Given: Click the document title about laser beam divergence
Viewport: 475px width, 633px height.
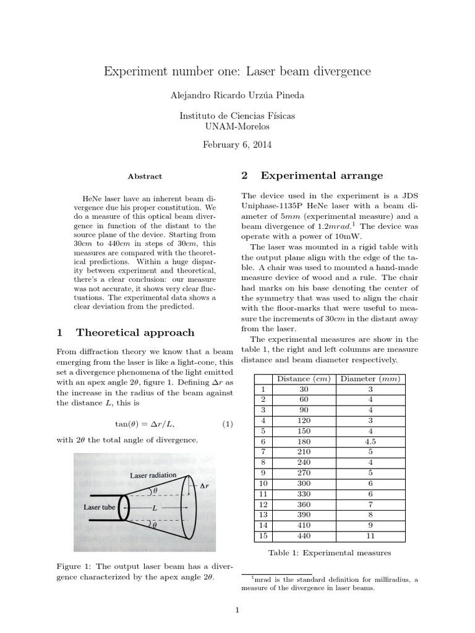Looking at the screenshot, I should [237, 72].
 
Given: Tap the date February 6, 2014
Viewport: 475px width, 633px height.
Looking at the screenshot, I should [237, 145].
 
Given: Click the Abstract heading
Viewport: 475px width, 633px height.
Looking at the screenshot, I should [145, 176].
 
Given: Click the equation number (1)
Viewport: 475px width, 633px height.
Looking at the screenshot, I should [227, 424].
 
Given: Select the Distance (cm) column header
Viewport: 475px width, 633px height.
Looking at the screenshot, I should [303, 379].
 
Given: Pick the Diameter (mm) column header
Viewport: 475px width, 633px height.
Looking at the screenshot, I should [370, 379].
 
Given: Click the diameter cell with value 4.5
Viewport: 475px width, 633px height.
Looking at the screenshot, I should [370, 441].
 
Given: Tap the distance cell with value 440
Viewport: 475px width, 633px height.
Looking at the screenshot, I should [303, 536].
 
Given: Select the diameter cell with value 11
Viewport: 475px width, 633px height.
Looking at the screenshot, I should [370, 536].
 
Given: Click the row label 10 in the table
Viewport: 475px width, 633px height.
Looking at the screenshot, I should [263, 483].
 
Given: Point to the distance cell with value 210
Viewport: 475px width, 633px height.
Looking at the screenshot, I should [303, 452].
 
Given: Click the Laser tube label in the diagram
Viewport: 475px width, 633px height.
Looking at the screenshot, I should [99, 507].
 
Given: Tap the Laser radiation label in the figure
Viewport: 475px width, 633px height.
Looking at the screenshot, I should [153, 475].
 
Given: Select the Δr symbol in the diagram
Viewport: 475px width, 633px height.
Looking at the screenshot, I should [205, 486].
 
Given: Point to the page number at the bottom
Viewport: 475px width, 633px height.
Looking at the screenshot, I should [237, 611].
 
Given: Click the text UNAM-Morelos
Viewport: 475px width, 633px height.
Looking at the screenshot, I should [237, 127].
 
